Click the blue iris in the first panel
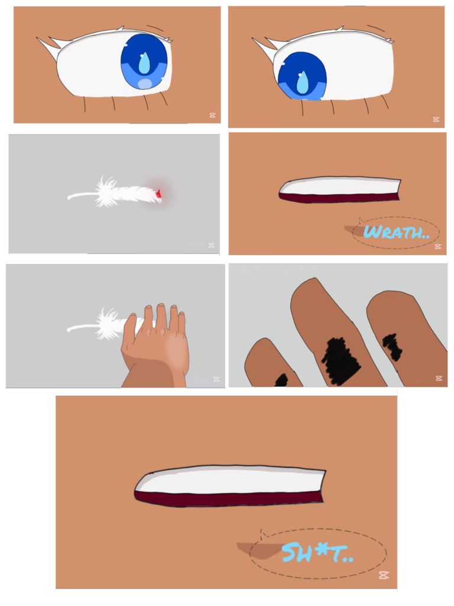click(145, 62)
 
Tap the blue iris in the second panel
click(302, 76)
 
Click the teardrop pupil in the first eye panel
click(144, 63)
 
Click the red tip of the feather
click(158, 194)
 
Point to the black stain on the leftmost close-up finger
click(281, 381)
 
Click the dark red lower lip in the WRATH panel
click(339, 197)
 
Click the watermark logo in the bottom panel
click(384, 575)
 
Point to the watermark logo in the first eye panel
click(212, 115)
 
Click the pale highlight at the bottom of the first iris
click(145, 83)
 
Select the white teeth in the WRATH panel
click(340, 186)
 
